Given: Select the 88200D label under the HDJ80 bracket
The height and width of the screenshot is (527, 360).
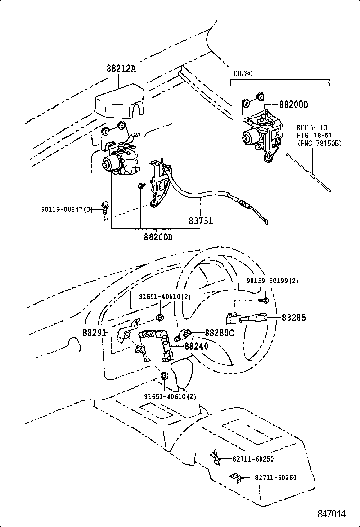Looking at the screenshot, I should [293, 105].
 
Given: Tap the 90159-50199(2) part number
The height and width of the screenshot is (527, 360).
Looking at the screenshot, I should [272, 281].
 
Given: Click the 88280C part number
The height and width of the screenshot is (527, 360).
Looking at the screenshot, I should [219, 333].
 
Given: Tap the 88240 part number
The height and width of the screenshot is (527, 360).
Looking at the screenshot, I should [196, 346].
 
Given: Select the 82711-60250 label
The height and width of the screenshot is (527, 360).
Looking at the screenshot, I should [253, 459].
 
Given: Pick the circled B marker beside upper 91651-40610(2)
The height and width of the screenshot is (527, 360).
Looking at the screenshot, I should [160, 317].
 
